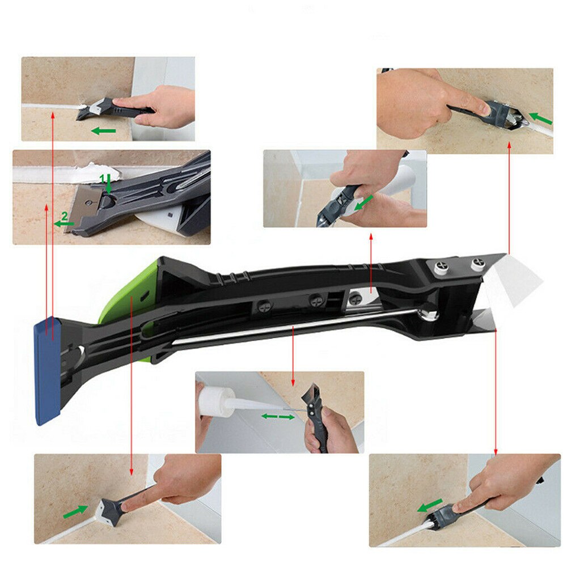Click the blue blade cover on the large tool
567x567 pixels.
coord(48,371)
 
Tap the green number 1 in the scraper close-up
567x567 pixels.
coord(103,178)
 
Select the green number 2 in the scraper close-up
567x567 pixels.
coord(65,216)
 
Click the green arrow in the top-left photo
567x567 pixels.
coord(104,131)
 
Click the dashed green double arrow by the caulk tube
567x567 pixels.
coord(278,417)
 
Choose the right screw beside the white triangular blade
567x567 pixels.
coord(476,263)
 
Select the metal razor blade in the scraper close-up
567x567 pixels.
coord(88,198)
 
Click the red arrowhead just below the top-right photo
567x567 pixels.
coord(509,146)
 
